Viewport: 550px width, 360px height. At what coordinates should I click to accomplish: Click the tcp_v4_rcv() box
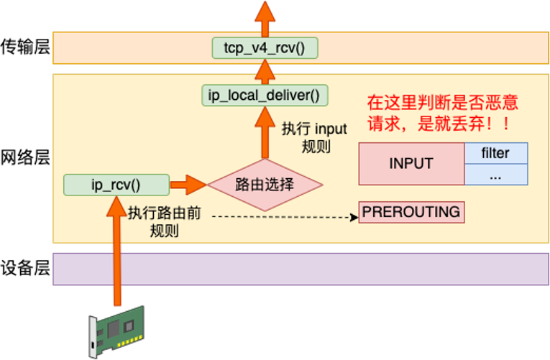(x=265, y=48)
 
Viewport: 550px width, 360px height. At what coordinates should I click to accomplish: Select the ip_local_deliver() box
(x=264, y=94)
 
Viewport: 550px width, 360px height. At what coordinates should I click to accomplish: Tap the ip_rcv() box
(x=116, y=185)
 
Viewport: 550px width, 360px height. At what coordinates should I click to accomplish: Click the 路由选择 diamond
(x=265, y=184)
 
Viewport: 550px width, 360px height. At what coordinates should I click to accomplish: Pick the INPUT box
(x=411, y=163)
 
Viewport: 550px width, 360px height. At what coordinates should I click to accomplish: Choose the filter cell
(x=495, y=153)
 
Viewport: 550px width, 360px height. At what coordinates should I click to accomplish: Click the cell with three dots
(x=495, y=175)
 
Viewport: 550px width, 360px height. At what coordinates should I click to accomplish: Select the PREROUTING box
(x=411, y=212)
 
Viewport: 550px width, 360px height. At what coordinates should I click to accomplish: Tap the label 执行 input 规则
(x=314, y=137)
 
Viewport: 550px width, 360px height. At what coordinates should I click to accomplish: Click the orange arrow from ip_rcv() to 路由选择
(x=188, y=185)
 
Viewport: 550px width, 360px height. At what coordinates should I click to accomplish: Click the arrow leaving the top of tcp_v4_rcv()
(x=265, y=18)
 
